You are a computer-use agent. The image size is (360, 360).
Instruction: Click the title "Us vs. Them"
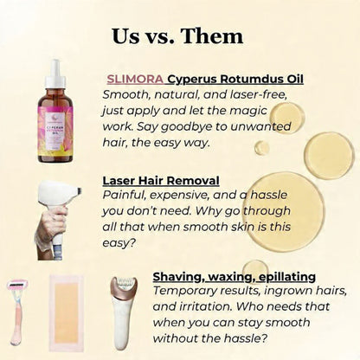177,36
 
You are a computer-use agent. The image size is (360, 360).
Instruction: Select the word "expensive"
183,196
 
